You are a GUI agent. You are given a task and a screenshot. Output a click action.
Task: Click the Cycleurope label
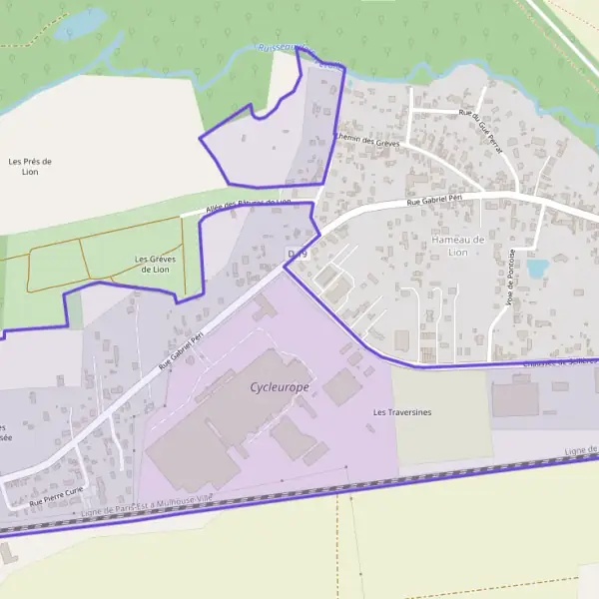coord(280,386)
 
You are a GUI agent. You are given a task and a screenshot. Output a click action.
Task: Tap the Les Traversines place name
coord(401,411)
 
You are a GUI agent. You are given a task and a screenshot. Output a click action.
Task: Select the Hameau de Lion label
coord(457,246)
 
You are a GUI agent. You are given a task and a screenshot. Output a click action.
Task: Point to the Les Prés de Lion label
coord(29,166)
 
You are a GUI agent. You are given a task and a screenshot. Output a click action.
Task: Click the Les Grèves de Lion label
coord(155,264)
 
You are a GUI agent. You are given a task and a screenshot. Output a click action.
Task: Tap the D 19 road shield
coord(298,255)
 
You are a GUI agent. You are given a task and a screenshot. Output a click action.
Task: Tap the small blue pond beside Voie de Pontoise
coord(537,268)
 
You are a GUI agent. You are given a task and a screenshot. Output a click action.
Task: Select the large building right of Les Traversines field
coord(515,398)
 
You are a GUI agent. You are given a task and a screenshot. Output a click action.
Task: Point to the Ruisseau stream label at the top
coord(290,48)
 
